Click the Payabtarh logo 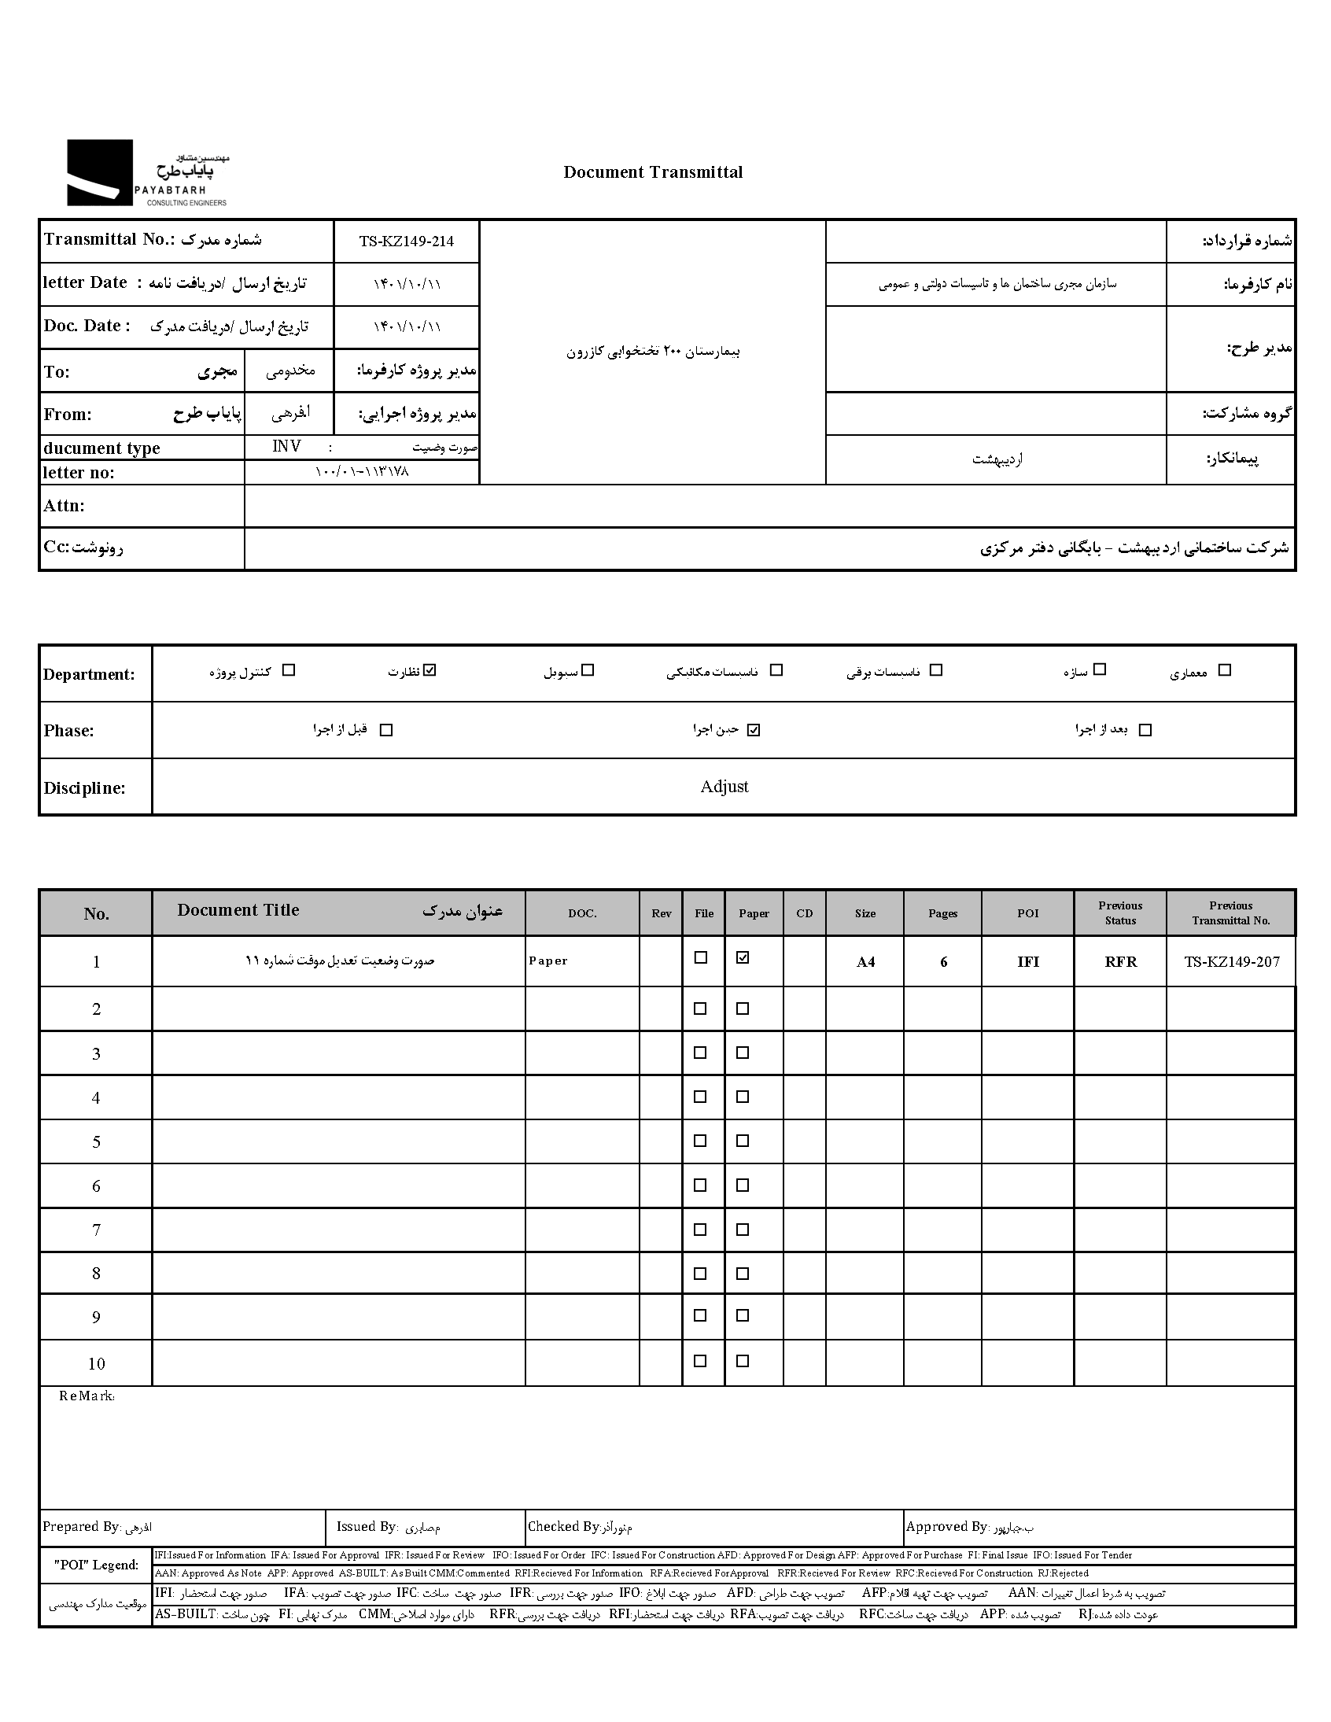[146, 173]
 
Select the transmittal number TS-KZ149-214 [406, 242]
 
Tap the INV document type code [286, 446]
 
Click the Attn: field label [64, 505]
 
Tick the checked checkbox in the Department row [430, 670]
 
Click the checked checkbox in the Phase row [754, 730]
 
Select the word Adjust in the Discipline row [724, 786]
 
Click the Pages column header [942, 913]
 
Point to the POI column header [1027, 913]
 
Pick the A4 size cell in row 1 [865, 962]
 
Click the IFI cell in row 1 [1027, 962]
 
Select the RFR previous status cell [1119, 962]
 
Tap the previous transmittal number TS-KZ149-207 [1231, 962]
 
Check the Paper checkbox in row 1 [742, 957]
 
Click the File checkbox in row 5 [699, 1141]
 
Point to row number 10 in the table [96, 1363]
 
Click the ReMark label [87, 1396]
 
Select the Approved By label [946, 1526]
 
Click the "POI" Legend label [95, 1565]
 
